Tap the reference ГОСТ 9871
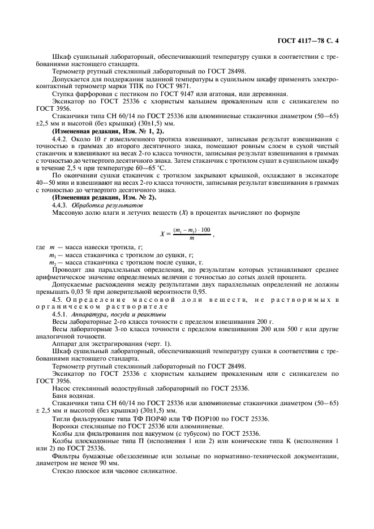pos(173,86)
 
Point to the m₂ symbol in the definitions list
pos(53,262)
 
